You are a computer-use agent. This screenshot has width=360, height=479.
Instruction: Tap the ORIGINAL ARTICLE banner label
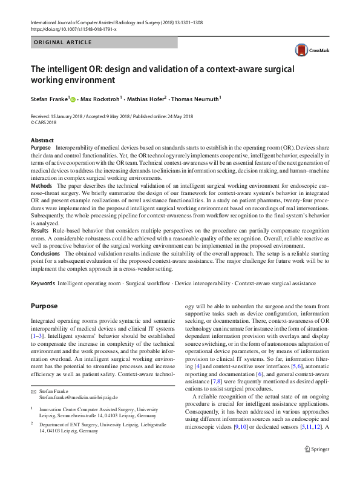pyautogui.click(x=64, y=42)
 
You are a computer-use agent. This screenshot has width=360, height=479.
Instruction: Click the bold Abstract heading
pyautogui.click(x=42, y=140)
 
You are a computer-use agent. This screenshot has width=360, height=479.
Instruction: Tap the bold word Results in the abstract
pyautogui.click(x=41, y=231)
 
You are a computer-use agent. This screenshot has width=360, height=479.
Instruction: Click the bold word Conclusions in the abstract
pyautogui.click(x=46, y=253)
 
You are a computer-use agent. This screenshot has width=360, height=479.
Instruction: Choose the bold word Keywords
pyautogui.click(x=44, y=283)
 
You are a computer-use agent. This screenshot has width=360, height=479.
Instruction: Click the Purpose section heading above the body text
pyautogui.click(x=44, y=306)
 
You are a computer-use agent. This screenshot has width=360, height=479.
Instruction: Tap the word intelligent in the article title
pyautogui.click(x=65, y=68)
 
